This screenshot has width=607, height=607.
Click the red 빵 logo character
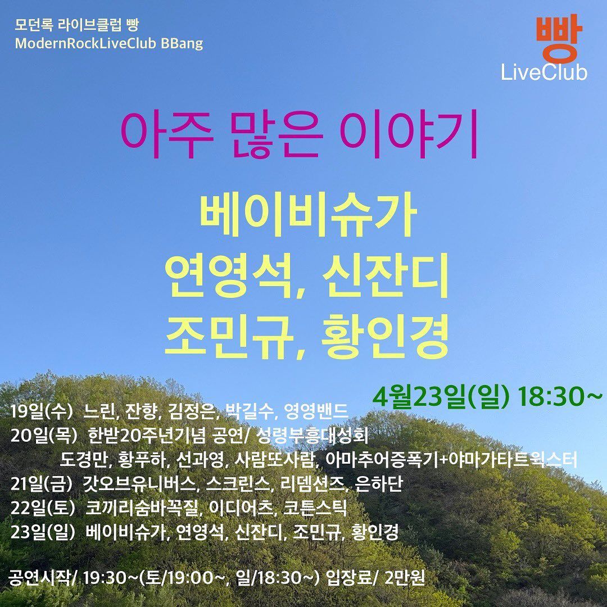tap(556, 40)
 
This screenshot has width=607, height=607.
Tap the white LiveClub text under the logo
tap(544, 73)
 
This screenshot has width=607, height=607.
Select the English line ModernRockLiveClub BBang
tap(109, 43)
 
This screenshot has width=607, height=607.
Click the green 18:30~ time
tap(562, 397)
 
